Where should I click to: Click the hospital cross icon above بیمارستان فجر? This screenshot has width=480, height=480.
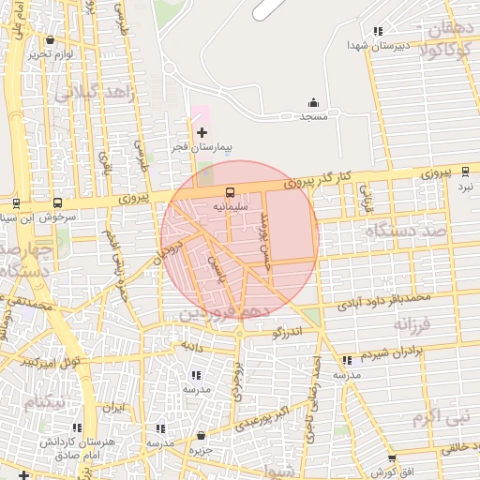202,133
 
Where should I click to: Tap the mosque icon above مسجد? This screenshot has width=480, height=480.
313,103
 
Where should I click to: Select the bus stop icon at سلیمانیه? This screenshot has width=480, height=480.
230,193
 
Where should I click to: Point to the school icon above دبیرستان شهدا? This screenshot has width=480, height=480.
378,31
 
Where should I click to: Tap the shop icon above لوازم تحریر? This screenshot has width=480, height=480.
50,40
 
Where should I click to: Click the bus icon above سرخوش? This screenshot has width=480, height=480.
58,202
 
